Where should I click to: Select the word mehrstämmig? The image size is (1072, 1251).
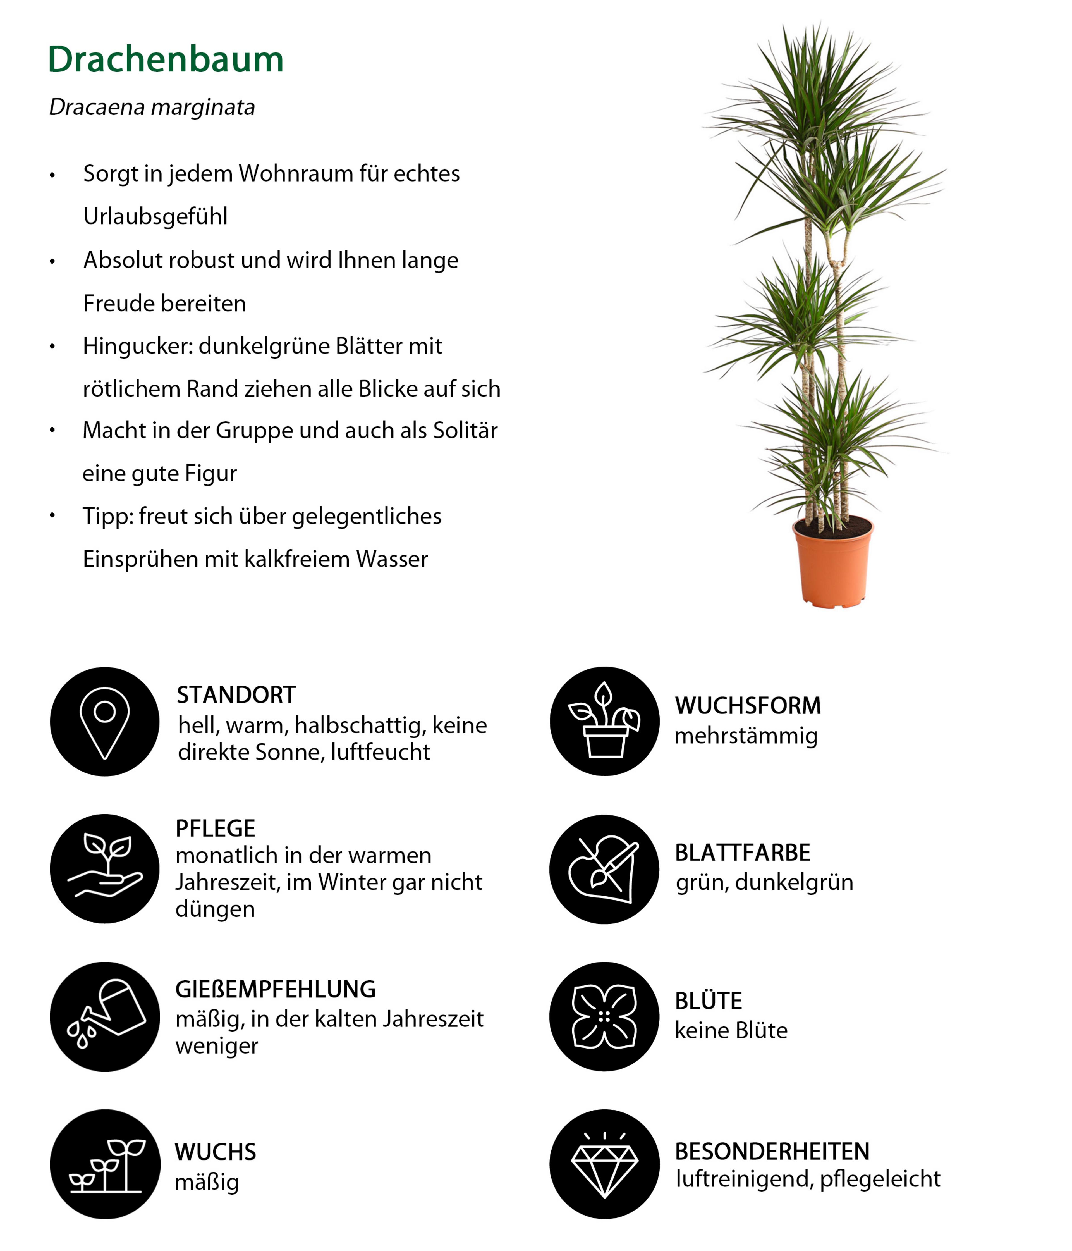point(746,736)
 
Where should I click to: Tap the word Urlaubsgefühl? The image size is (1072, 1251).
point(155,216)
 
